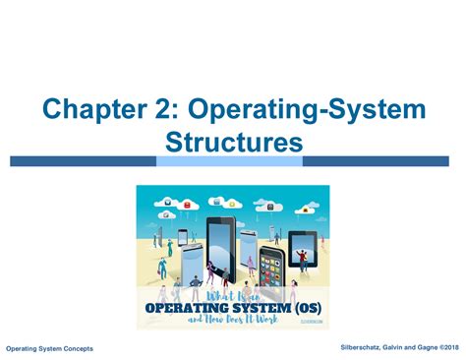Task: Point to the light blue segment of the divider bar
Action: click(x=229, y=161)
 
